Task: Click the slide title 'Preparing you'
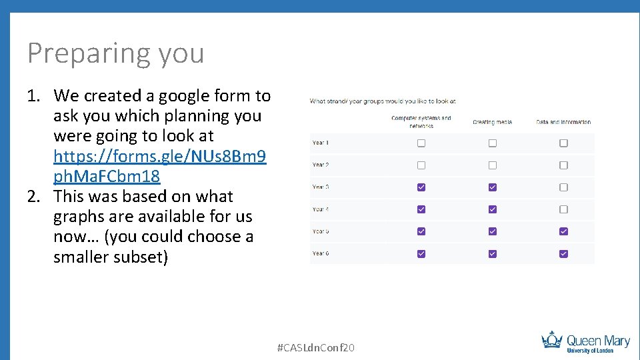[115, 53]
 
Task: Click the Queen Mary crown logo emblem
[552, 340]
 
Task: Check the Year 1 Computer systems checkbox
[421, 143]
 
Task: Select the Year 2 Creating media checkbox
[493, 165]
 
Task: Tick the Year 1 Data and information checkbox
[563, 143]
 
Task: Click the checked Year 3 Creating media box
[493, 187]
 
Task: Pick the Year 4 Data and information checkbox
[563, 209]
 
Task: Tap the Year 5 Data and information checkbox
[563, 231]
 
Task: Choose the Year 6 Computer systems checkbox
[421, 253]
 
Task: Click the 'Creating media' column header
[492, 122]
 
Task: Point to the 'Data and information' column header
[563, 122]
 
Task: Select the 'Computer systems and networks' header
[421, 121]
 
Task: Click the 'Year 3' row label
[321, 187]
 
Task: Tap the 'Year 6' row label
[321, 253]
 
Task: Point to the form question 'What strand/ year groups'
[382, 101]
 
